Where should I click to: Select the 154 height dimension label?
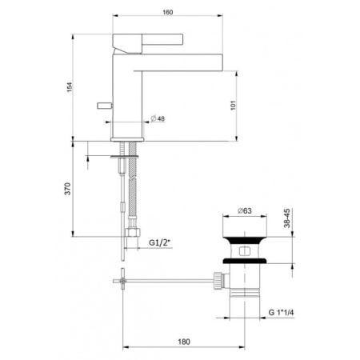[66, 86]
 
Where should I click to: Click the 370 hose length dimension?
[67, 190]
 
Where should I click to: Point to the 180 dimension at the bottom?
[183, 342]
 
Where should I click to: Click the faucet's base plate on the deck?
[126, 138]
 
